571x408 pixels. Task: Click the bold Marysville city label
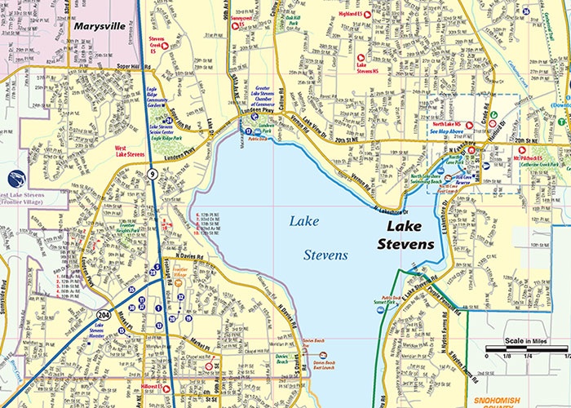(100, 26)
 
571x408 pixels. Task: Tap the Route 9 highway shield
(153, 172)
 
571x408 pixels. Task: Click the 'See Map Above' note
(446, 131)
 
